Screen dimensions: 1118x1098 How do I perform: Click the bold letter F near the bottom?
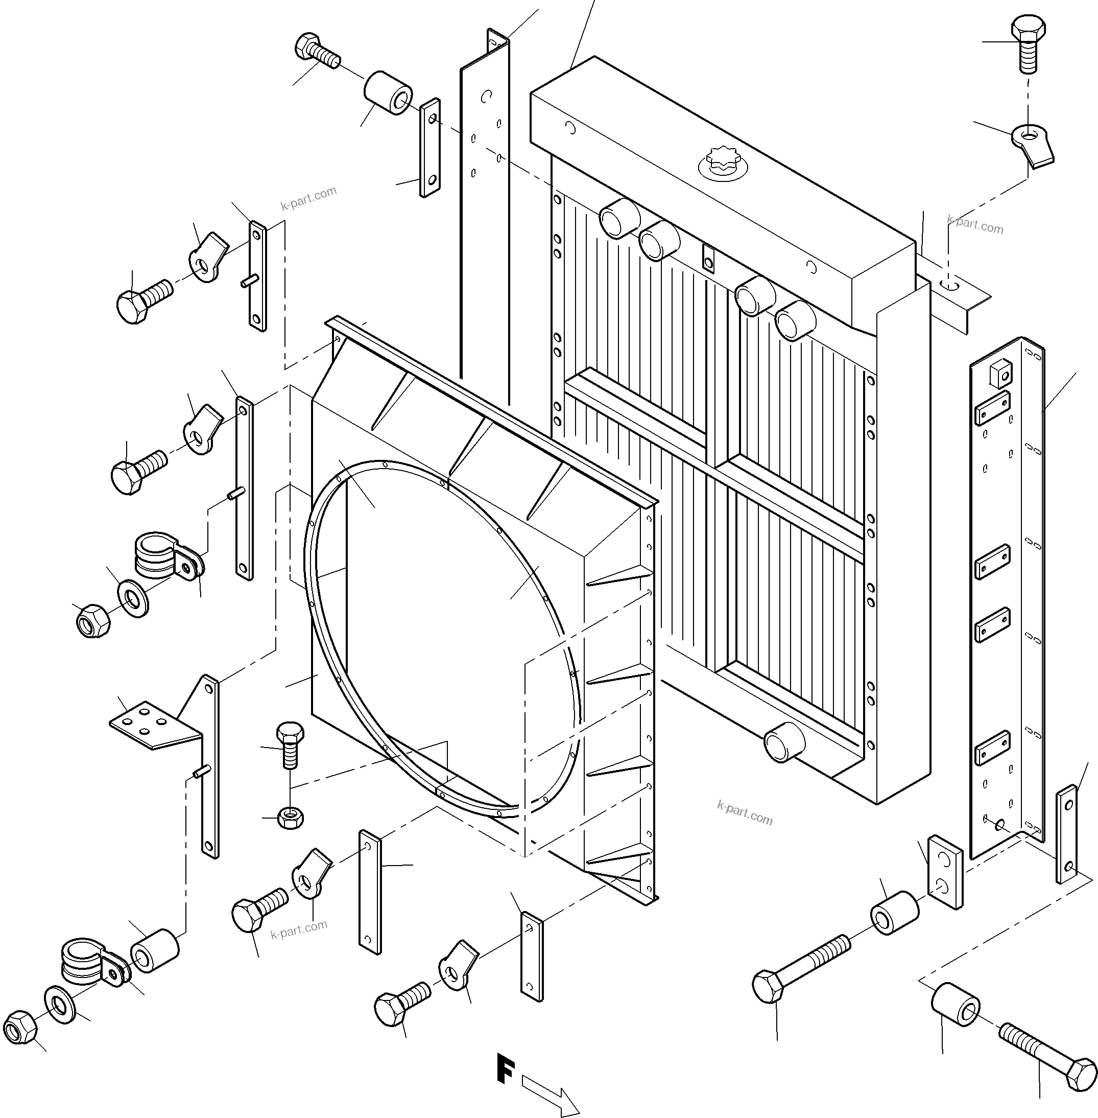click(x=505, y=1068)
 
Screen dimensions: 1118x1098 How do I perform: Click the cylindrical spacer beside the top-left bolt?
click(x=388, y=92)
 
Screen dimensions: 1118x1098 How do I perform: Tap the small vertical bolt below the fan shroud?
click(x=290, y=744)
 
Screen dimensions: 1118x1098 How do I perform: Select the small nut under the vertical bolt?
click(x=290, y=817)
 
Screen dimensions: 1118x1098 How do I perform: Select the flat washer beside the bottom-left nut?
click(x=59, y=1005)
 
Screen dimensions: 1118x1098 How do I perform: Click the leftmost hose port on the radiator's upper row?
click(x=618, y=218)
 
